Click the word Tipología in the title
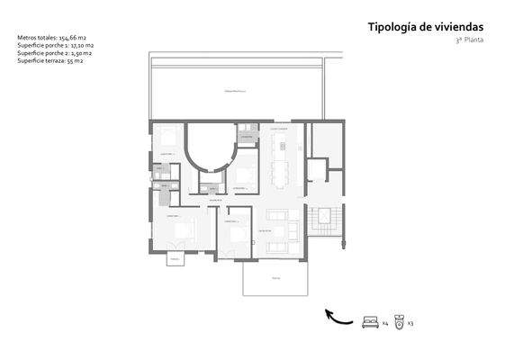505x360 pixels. point(390,27)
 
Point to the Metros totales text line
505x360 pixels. point(46,38)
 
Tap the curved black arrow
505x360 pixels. point(338,316)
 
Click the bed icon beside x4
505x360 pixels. point(369,321)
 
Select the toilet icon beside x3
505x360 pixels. point(399,321)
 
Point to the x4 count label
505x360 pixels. point(384,322)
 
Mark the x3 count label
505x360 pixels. point(410,322)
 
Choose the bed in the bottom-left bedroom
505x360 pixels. point(183,231)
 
